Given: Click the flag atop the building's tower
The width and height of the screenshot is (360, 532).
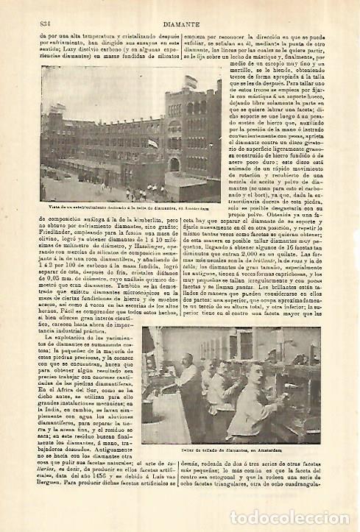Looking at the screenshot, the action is point(152,80).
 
